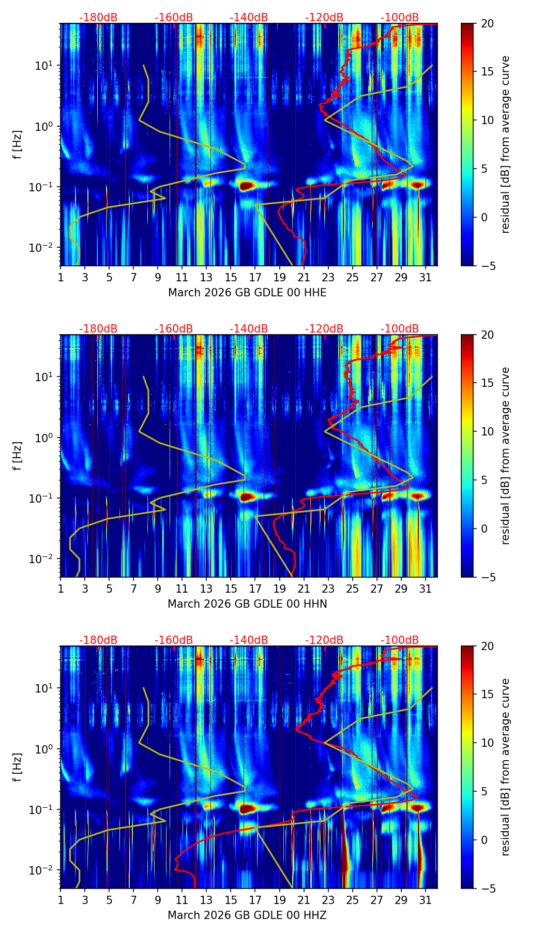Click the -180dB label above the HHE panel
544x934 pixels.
point(98,18)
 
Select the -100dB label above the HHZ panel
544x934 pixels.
point(400,640)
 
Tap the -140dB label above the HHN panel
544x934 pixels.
point(249,329)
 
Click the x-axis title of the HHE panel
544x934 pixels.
point(247,293)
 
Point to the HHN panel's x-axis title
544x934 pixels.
point(247,604)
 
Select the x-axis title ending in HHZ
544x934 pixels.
point(247,915)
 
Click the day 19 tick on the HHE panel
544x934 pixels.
point(279,277)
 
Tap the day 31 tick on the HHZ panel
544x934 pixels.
point(426,900)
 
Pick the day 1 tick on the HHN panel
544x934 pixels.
point(61,589)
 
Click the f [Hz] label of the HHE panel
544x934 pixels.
point(18,145)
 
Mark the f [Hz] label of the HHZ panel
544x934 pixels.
point(18,767)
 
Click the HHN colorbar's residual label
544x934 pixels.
point(505,456)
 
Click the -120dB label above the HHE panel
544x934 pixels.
point(324,18)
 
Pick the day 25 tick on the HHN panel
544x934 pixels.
point(352,589)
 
